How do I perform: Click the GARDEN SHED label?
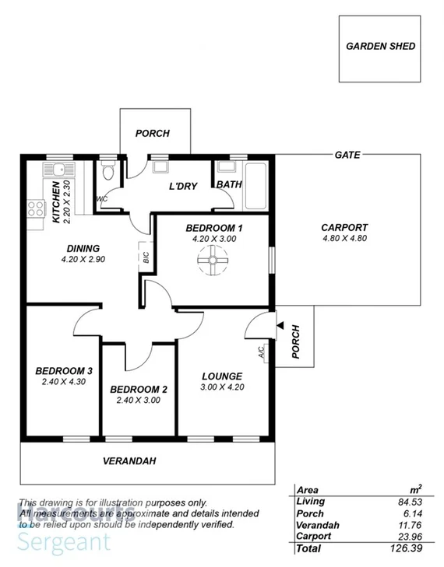[380, 46]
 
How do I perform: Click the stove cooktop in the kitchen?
[36, 208]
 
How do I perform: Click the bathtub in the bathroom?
[256, 187]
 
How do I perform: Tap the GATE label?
[347, 155]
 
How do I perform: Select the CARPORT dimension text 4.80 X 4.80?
[344, 239]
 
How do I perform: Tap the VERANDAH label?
[129, 461]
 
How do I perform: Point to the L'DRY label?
[185, 186]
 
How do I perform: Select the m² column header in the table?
[415, 489]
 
